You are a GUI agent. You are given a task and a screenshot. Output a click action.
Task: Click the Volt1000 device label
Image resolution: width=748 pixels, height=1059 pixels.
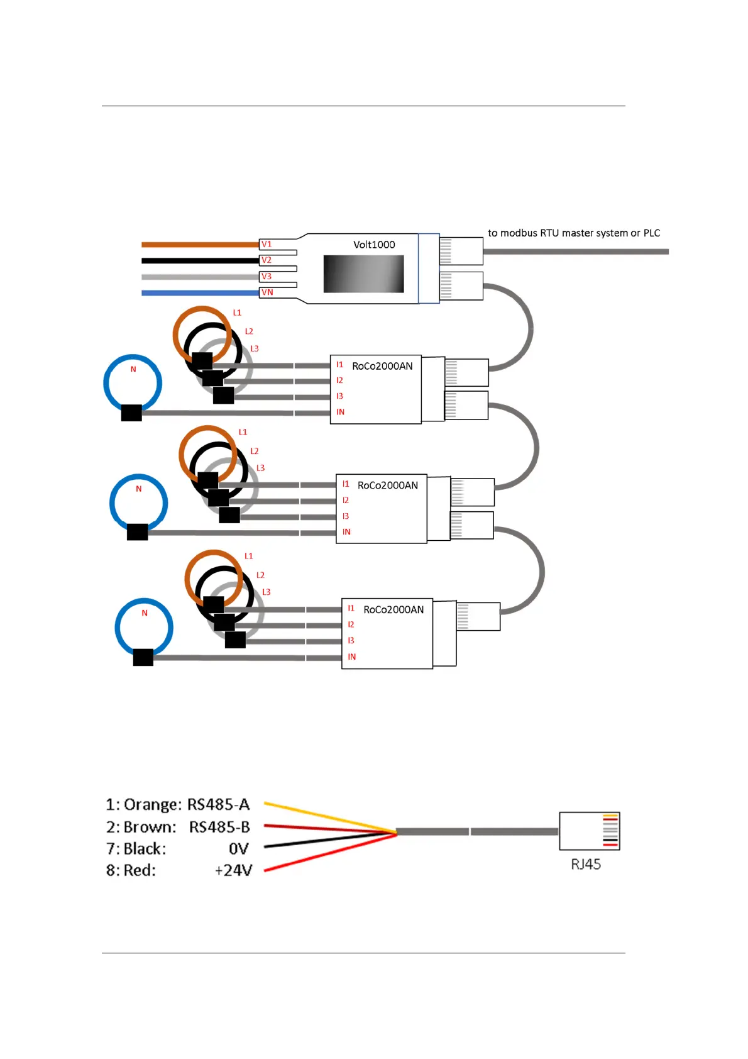coord(374,245)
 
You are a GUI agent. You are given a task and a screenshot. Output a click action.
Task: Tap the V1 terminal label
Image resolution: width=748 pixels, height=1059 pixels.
coord(267,244)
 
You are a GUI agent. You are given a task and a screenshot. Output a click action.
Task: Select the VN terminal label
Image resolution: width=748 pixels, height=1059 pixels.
coord(267,292)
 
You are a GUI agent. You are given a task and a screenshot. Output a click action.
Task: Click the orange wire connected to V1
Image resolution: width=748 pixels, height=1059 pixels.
coord(200,245)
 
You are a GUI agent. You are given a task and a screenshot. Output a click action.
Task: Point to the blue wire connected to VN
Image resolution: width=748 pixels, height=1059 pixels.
coord(200,293)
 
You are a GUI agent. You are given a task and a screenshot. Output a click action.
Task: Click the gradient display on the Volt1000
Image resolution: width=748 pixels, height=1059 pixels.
coord(363,274)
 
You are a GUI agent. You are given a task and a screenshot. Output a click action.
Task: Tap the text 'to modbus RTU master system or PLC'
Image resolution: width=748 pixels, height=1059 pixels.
coord(573,233)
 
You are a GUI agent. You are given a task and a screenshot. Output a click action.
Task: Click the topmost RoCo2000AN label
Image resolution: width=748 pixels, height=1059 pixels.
coord(382,366)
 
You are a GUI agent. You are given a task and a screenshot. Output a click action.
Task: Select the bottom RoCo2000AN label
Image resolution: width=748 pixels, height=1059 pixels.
coord(393,609)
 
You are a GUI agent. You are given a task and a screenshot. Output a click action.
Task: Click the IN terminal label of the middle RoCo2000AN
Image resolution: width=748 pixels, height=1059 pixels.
coord(346,532)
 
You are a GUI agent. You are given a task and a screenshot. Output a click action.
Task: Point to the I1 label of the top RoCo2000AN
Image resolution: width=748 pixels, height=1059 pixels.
coord(339,365)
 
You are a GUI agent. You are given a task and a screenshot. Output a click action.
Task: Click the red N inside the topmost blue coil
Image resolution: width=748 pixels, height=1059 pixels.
coord(133,369)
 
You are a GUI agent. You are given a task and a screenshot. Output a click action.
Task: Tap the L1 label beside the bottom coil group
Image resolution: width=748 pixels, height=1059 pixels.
coord(248,556)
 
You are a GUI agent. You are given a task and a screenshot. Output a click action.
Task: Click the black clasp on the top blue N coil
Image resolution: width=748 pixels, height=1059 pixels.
coord(131,413)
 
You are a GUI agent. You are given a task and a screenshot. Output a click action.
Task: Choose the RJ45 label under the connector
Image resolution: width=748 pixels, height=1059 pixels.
coord(585,864)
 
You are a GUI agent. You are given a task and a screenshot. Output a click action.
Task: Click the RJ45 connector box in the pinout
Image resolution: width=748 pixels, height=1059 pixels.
coord(589,831)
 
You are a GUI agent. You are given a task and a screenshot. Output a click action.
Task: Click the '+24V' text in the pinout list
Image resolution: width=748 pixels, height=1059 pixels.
coord(233,870)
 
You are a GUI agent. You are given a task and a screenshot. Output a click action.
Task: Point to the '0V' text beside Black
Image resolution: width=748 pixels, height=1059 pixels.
coord(238,849)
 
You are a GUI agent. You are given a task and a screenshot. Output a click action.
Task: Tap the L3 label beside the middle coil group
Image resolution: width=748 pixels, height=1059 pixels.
coord(260,468)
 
